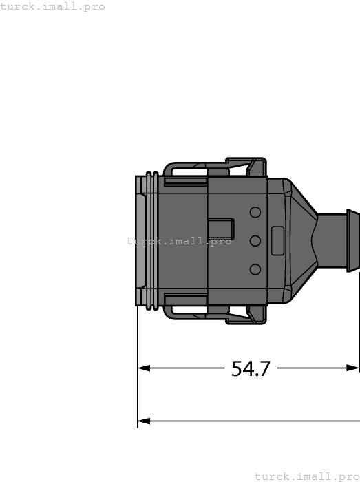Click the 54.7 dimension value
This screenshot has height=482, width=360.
pyautogui.click(x=251, y=369)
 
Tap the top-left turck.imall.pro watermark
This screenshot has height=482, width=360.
pyautogui.click(x=53, y=6)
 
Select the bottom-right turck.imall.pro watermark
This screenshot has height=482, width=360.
pyautogui.click(x=306, y=476)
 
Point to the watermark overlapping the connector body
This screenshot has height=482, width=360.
pyautogui.click(x=179, y=241)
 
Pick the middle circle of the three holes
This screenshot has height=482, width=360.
pyautogui.click(x=255, y=240)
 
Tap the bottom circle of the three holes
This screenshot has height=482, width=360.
pyautogui.click(x=255, y=269)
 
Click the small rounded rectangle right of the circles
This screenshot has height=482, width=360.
pyautogui.click(x=278, y=240)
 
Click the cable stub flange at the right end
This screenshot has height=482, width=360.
pyautogui.click(x=353, y=241)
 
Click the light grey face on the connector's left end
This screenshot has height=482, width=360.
pyautogui.click(x=140, y=241)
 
